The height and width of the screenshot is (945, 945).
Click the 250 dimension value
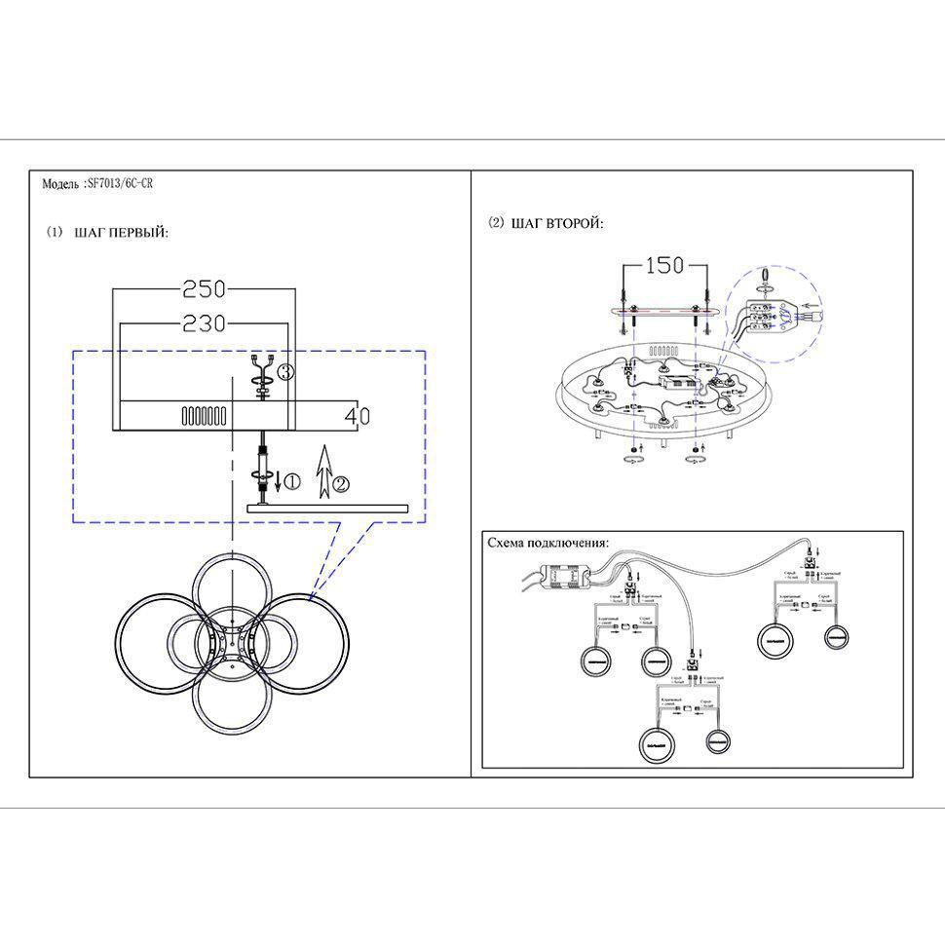pyautogui.click(x=205, y=289)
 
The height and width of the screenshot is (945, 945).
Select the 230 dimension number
pyautogui.click(x=205, y=322)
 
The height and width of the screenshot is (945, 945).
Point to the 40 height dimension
pyautogui.click(x=357, y=416)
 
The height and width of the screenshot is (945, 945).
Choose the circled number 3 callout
pyautogui.click(x=284, y=372)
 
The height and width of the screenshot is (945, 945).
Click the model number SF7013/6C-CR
pyautogui.click(x=120, y=183)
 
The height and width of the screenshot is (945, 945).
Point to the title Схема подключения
pyautogui.click(x=548, y=543)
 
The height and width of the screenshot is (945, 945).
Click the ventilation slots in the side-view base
pyautogui.click(x=205, y=416)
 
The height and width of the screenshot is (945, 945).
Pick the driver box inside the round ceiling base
pyautogui.click(x=678, y=387)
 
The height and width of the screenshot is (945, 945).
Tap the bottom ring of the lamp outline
pyautogui.click(x=230, y=708)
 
